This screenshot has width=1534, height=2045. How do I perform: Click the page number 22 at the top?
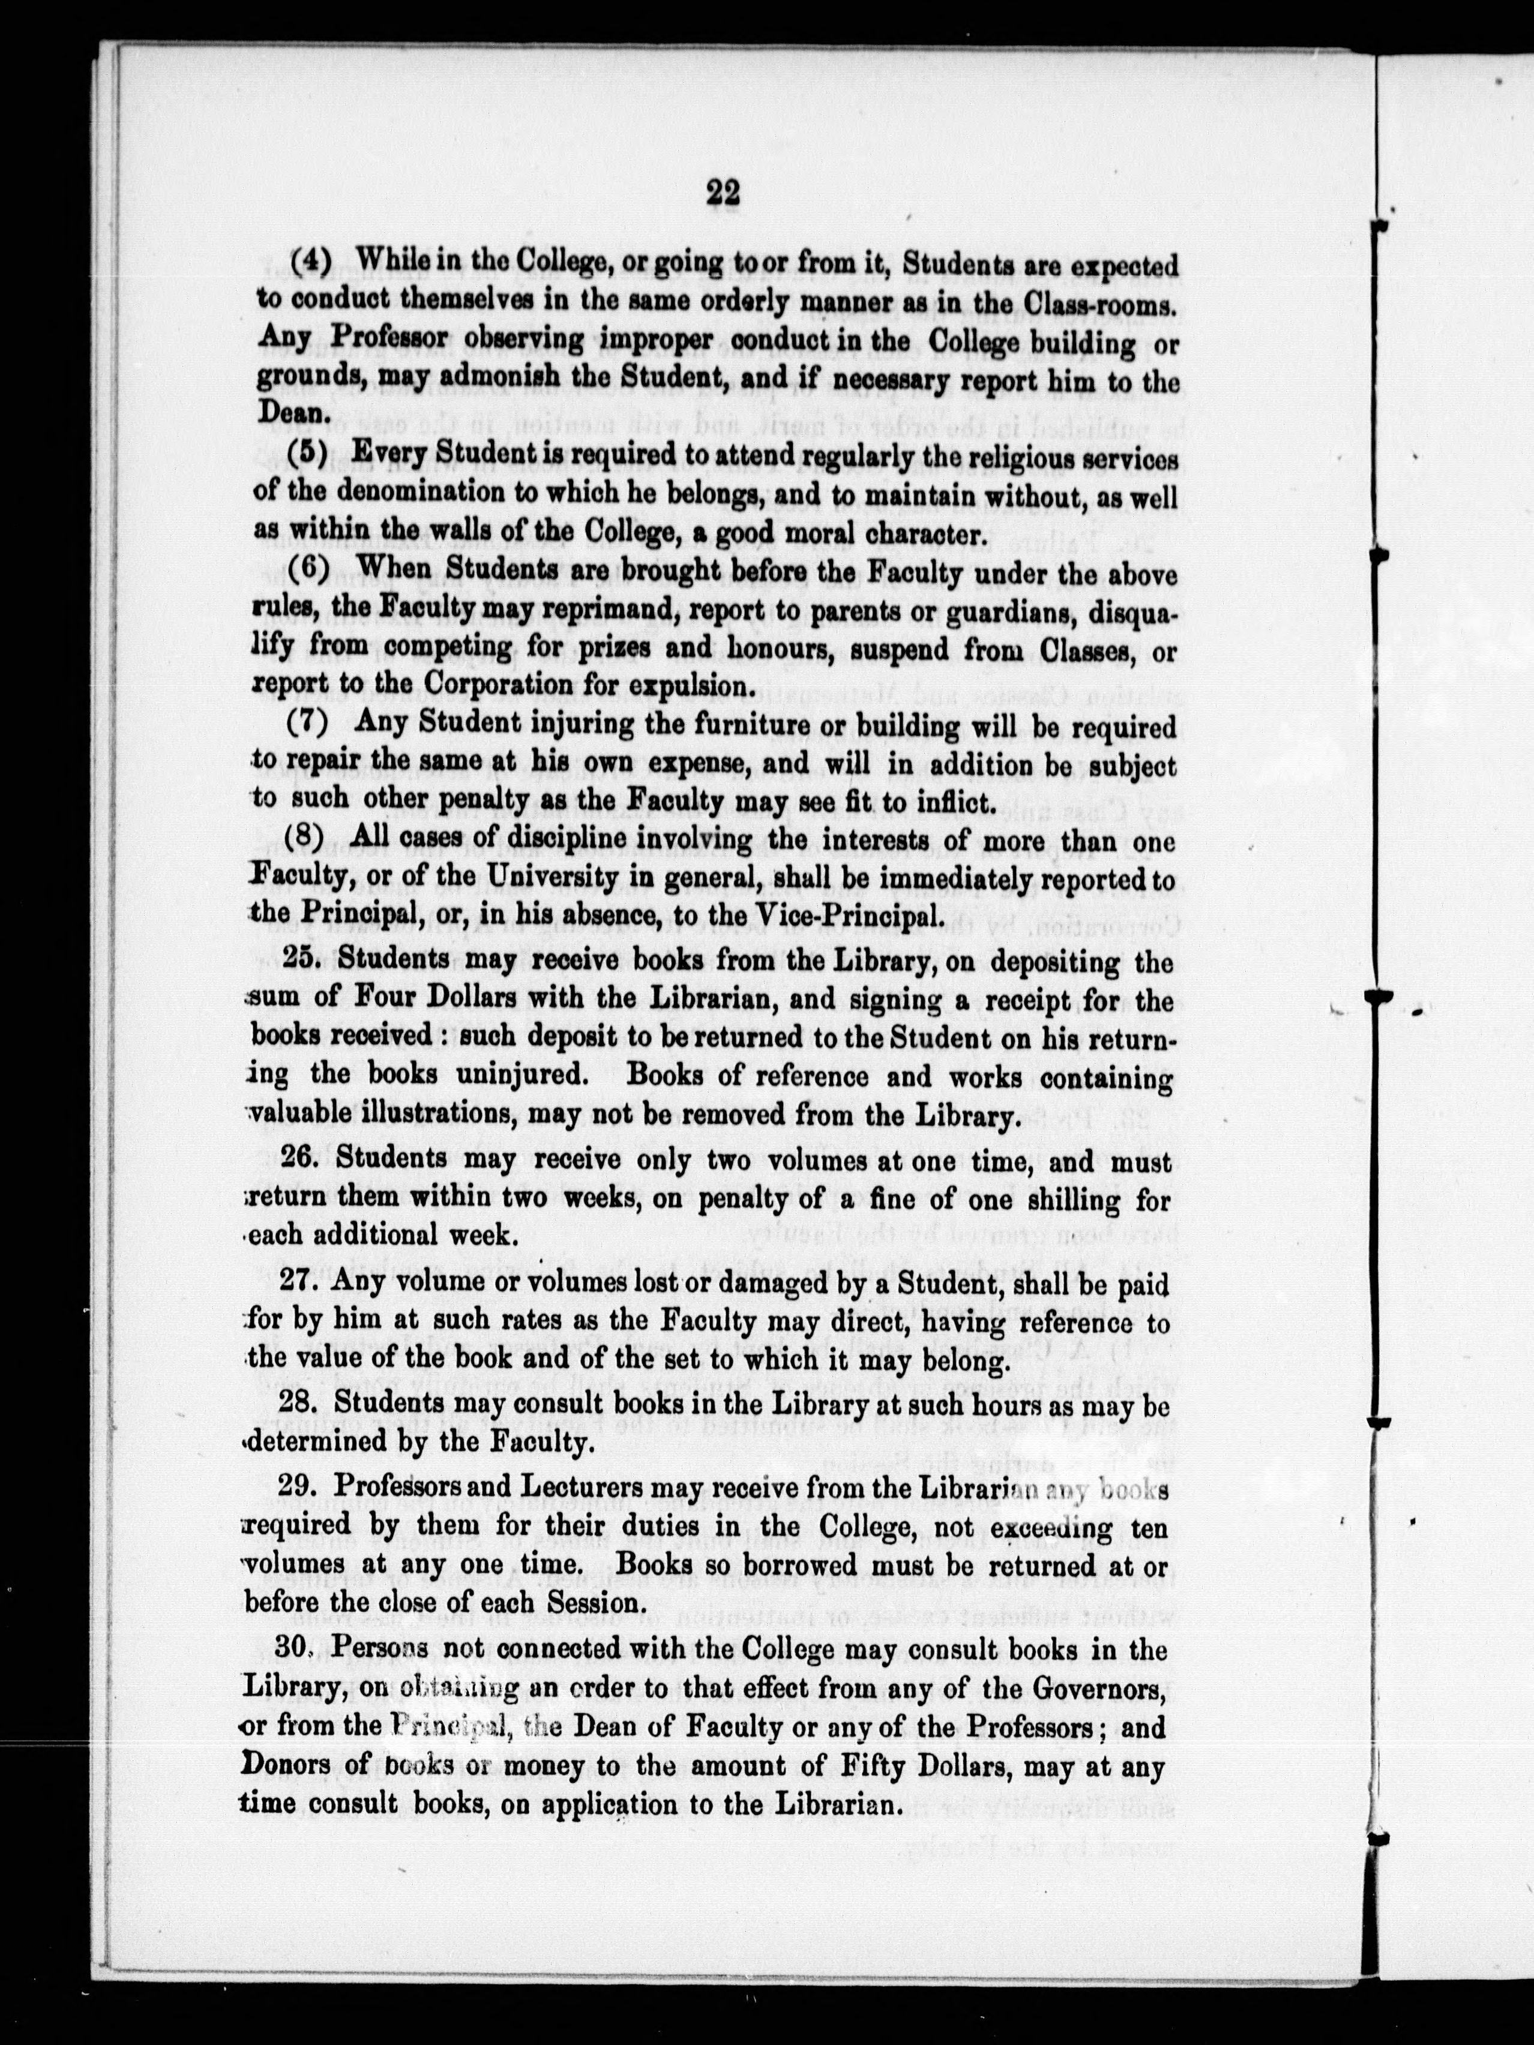pyautogui.click(x=722, y=195)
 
